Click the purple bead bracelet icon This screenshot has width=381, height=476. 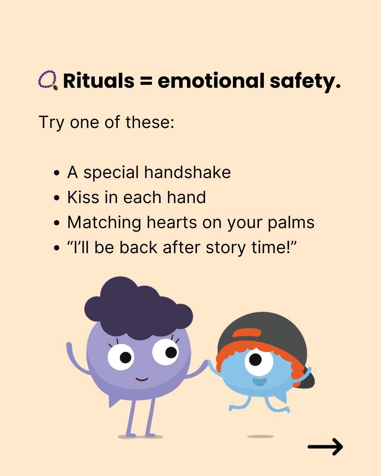point(48,80)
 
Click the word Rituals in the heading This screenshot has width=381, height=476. point(99,81)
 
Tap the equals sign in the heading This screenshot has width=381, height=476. point(146,81)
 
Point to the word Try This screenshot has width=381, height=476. point(52,123)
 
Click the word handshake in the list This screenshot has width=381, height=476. point(188,172)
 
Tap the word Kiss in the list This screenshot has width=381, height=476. point(83,197)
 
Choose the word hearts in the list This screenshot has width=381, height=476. point(171,222)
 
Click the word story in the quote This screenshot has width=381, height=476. point(225,248)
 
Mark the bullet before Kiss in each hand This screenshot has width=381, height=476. point(57,197)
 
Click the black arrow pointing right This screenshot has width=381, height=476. point(325,447)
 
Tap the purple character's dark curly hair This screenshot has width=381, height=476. point(138,310)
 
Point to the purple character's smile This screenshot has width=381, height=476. point(141,379)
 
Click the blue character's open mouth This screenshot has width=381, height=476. point(260,382)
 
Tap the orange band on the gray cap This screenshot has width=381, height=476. point(247,333)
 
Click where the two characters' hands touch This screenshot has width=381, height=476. point(208,362)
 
